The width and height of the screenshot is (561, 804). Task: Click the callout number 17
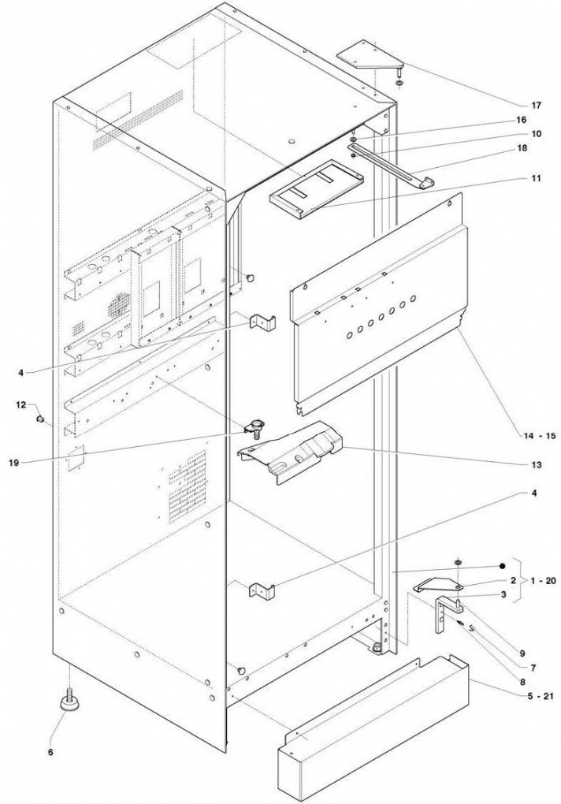536,106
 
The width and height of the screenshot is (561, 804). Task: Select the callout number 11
536,178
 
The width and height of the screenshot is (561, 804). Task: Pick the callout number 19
14,462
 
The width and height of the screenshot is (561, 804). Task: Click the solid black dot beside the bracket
503,566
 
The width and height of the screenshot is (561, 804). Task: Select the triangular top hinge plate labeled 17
370,58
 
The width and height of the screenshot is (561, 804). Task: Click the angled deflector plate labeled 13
289,452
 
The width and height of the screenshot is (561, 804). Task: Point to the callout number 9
522,653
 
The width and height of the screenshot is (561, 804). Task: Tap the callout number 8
522,682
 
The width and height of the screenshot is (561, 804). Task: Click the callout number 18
536,147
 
